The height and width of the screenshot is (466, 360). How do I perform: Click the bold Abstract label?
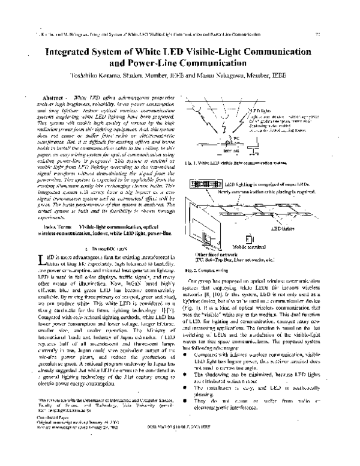pyautogui.click(x=55, y=97)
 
